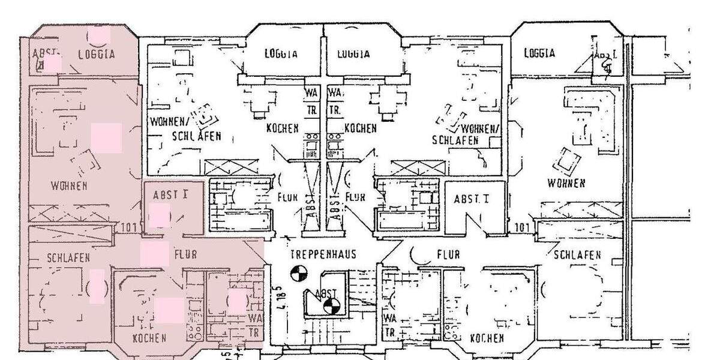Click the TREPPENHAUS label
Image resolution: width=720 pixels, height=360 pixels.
323,254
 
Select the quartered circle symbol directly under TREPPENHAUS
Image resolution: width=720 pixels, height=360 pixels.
298,274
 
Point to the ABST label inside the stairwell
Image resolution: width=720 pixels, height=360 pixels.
326,293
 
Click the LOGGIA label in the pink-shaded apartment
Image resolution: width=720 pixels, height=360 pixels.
97,54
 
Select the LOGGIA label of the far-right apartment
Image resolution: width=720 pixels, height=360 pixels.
539,53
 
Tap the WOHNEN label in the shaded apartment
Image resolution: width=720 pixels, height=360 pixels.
68,185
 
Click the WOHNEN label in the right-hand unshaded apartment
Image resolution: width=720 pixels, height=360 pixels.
566,182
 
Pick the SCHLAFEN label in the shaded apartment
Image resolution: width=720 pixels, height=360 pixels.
68,258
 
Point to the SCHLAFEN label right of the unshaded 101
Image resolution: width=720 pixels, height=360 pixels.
577,255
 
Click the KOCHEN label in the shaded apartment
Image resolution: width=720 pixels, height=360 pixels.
149,338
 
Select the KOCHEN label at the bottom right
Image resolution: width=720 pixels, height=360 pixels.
487,338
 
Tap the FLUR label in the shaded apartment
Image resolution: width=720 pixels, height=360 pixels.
186,254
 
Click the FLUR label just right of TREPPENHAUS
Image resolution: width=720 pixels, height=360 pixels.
448,254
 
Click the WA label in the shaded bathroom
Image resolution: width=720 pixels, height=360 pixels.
254,317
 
